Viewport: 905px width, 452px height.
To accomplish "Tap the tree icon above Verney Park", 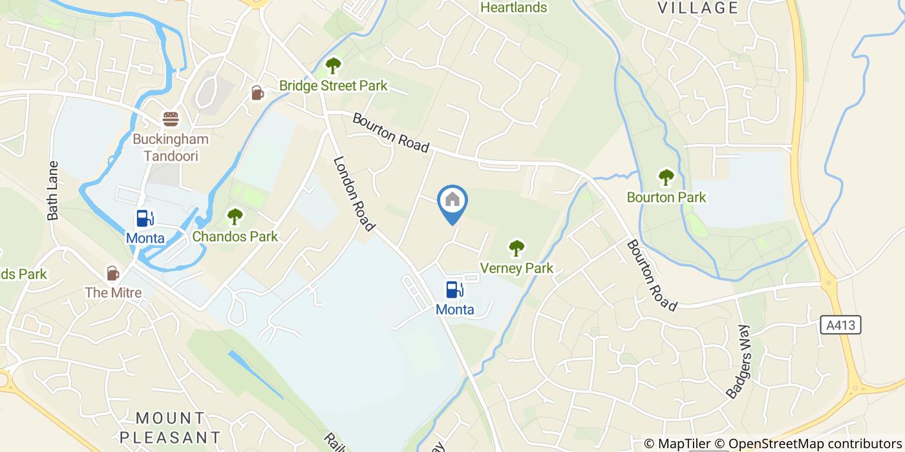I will (x=516, y=248).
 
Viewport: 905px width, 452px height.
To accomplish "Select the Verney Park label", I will (x=516, y=268).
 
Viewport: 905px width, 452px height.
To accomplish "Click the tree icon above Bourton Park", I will (x=666, y=177).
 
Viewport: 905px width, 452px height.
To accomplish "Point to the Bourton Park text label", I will (x=666, y=197).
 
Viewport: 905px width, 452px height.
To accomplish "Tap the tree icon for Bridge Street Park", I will (x=333, y=65).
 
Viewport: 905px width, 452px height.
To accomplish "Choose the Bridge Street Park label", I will (x=333, y=85).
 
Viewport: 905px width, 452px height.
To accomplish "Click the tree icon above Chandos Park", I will (x=235, y=216).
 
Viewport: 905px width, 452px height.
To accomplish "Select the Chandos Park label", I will (x=235, y=236).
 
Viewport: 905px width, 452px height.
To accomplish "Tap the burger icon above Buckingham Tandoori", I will (x=171, y=119).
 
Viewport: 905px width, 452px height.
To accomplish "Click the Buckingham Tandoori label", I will (x=171, y=147).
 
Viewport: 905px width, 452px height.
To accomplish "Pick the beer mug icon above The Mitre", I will (x=113, y=272).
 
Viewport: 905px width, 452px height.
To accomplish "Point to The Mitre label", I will (x=113, y=293).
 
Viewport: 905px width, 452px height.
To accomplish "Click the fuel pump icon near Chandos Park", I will (x=145, y=218).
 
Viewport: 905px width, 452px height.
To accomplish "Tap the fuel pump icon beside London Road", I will (x=454, y=289).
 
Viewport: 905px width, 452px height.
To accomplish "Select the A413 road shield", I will (x=844, y=325).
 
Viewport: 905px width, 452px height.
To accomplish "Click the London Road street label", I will (x=354, y=193).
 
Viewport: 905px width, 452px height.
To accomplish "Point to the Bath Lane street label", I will (x=53, y=190).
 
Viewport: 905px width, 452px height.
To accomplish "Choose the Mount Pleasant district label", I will (x=171, y=427).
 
